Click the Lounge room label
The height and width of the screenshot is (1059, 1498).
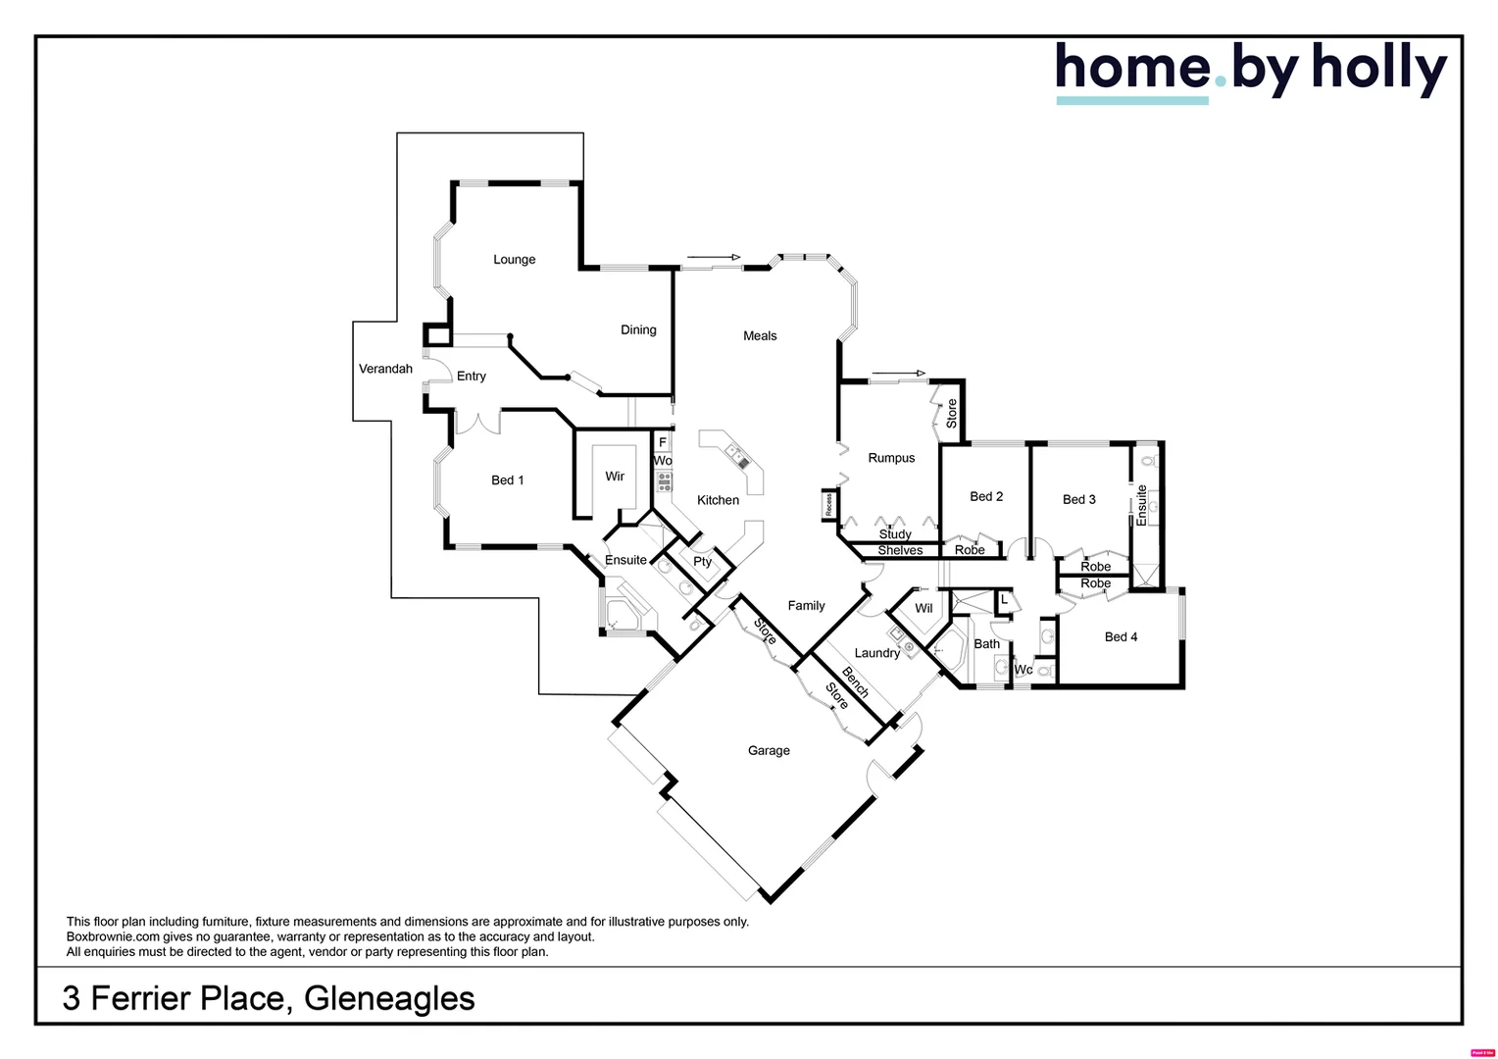514,260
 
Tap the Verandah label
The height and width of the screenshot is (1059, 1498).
385,370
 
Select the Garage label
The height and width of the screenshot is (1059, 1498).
769,751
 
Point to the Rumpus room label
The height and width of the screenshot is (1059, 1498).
891,458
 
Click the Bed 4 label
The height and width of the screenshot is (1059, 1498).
1121,637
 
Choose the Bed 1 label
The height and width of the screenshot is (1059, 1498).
507,480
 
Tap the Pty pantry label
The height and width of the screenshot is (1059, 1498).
702,562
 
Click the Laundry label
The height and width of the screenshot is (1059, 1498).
876,653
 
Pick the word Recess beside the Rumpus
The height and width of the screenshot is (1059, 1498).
829,505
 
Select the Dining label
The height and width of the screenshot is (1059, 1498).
638,330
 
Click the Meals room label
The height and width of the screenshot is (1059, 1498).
760,336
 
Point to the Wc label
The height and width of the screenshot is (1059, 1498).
1024,670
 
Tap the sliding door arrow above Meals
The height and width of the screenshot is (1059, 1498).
715,258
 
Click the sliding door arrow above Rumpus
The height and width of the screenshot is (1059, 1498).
899,374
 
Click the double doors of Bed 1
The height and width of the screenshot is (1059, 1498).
477,424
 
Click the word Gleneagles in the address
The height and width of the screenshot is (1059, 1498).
389,998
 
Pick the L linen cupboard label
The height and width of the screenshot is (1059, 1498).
1004,599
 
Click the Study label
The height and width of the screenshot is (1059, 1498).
895,534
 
